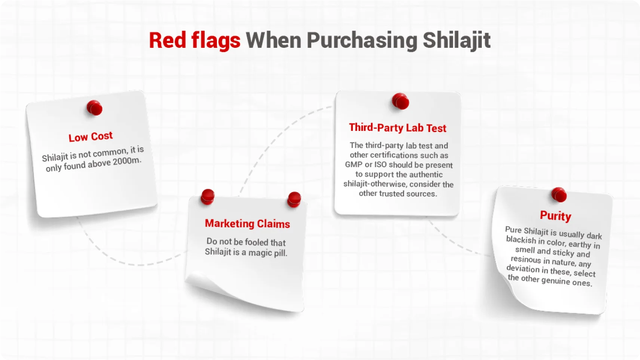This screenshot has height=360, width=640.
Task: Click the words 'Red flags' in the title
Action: (x=195, y=40)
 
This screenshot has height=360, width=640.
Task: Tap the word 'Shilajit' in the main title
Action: (x=457, y=40)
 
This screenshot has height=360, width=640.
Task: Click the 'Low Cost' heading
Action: (x=91, y=136)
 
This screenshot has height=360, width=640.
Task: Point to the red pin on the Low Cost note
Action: (x=95, y=108)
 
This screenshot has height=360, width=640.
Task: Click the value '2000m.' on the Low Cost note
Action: (x=127, y=161)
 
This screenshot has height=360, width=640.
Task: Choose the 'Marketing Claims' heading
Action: (x=247, y=224)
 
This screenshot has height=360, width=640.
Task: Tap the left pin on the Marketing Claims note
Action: (x=208, y=196)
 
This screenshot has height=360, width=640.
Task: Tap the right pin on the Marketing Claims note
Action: (x=294, y=199)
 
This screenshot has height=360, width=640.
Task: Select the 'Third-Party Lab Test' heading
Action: (x=398, y=127)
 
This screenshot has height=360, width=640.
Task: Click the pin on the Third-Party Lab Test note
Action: (x=400, y=101)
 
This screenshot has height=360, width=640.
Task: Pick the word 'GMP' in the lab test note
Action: (x=354, y=165)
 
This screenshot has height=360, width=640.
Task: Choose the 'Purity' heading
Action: (x=555, y=216)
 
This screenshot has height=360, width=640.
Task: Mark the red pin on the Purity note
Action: (x=559, y=195)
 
